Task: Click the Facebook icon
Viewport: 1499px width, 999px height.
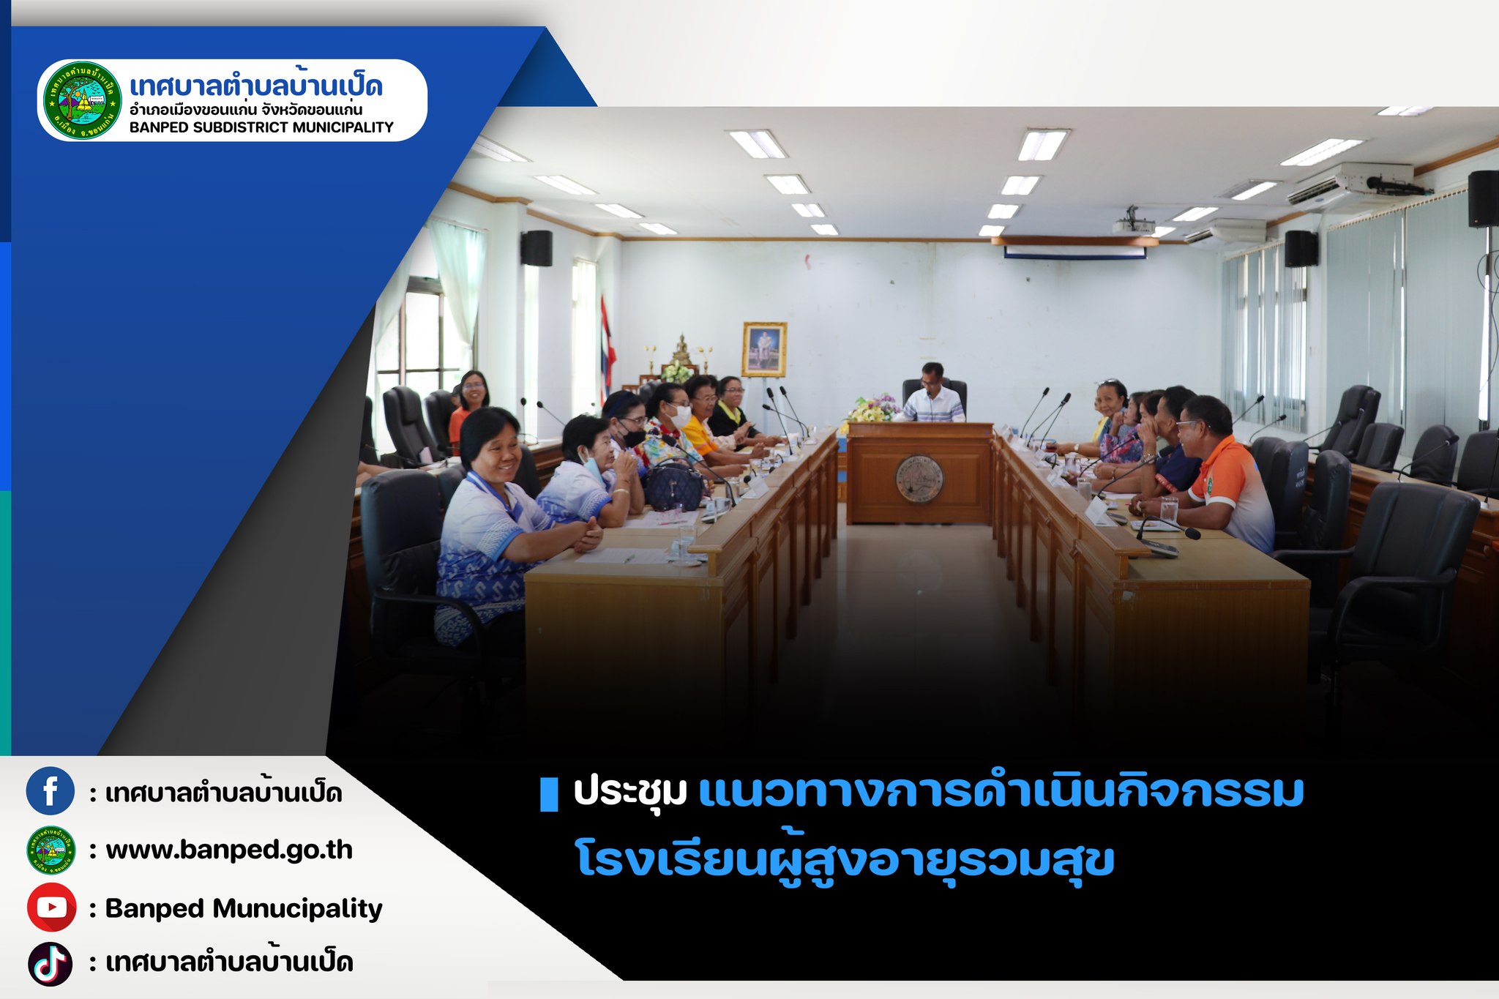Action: point(51,791)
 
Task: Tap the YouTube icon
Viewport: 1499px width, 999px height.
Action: point(51,908)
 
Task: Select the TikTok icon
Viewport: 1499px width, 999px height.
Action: point(51,964)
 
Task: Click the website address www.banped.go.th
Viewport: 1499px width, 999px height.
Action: point(229,850)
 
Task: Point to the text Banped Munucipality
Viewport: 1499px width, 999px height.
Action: point(244,908)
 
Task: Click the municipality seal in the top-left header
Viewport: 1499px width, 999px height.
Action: point(83,100)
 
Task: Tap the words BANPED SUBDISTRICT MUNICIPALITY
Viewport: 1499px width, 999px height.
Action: point(261,127)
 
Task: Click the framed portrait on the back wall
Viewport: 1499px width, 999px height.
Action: point(763,349)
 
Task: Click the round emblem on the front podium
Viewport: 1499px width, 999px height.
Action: point(919,479)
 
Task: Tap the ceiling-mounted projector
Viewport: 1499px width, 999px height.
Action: point(1132,222)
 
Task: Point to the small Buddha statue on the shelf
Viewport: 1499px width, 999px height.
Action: point(681,350)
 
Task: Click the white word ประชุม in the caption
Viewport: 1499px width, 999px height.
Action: point(630,792)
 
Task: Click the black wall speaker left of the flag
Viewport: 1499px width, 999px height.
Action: point(537,248)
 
